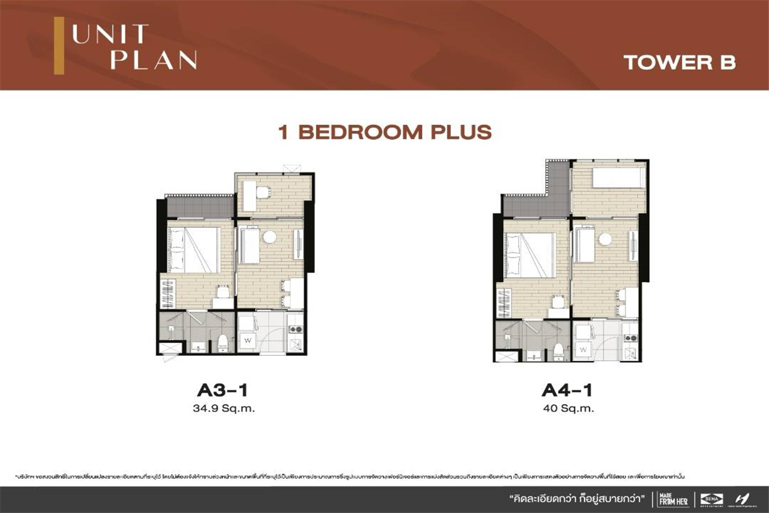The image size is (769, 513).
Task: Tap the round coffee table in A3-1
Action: click(270, 237)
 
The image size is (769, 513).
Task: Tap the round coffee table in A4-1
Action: click(605, 239)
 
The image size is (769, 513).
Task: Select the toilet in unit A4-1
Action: click(559, 348)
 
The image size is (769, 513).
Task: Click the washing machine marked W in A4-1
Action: click(583, 349)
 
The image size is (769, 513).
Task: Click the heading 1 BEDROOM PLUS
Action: click(384, 132)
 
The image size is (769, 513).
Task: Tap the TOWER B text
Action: click(679, 62)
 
